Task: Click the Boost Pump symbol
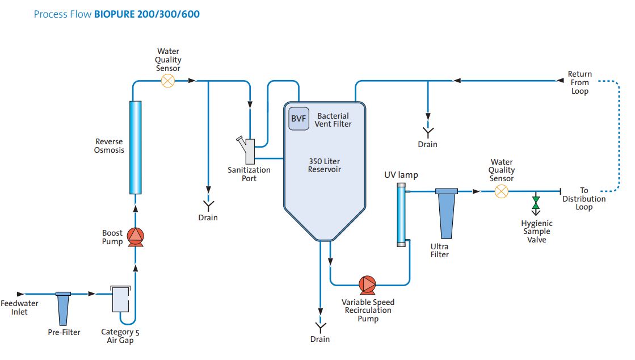tap(135, 236)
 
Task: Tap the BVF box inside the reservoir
tap(299, 119)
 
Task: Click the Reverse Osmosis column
tap(135, 148)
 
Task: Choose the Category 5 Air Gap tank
tap(121, 299)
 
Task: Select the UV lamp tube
tap(401, 215)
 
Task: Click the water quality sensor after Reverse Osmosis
tap(168, 81)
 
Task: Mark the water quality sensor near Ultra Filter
tap(501, 192)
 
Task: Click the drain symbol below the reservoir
tap(320, 327)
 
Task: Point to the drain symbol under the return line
tap(427, 132)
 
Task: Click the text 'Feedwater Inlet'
tap(20, 308)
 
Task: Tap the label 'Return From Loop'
tap(579, 82)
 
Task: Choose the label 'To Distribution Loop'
tap(584, 199)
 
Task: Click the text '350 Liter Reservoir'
tap(324, 165)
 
